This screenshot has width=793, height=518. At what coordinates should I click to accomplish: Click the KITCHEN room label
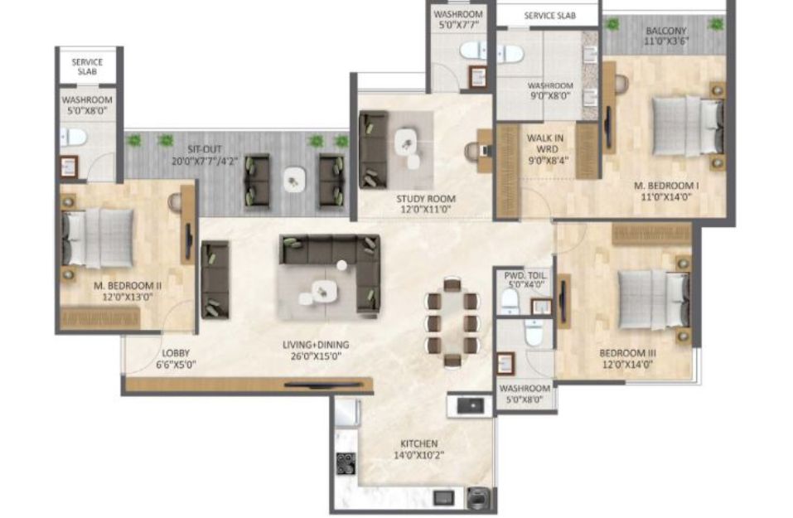[418, 443]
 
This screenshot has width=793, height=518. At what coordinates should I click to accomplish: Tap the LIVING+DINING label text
[316, 345]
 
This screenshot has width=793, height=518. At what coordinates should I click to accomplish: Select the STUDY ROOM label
[426, 199]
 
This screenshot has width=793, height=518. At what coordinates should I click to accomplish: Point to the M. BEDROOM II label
[128, 286]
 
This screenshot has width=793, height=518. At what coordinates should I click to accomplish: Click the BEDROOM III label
[627, 353]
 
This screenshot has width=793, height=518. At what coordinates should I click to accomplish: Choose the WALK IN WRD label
[545, 143]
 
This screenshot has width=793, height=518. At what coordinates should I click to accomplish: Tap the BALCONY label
[666, 31]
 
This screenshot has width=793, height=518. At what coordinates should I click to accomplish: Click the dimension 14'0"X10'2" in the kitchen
[418, 455]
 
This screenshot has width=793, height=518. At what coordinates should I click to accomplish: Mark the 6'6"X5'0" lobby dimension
[176, 364]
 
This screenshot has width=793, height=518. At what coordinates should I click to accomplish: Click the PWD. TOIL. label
[526, 276]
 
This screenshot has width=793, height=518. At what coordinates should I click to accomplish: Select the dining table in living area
[452, 322]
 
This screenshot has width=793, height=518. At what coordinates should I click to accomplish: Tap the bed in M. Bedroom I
[687, 125]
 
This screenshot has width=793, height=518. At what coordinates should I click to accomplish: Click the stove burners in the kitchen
[346, 464]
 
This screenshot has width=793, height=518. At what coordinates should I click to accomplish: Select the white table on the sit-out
[294, 180]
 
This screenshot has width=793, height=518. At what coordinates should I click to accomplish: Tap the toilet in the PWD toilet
[510, 301]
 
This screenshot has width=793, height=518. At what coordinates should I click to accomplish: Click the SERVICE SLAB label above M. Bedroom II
[87, 67]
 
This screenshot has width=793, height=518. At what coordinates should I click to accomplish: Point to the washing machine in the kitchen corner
[477, 498]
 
